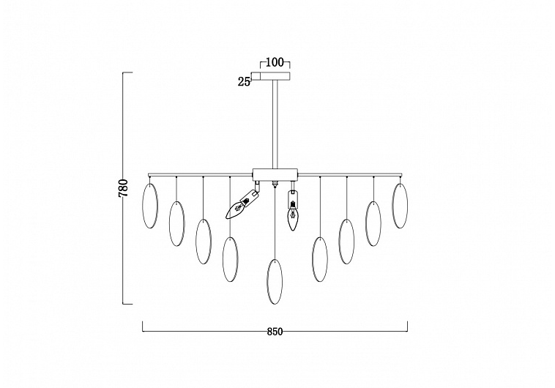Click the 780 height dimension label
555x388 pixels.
123,188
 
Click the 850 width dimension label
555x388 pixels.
275,332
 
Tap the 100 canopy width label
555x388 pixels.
275,63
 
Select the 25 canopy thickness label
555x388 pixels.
244,82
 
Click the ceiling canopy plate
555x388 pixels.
275,76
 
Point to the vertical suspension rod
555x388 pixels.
275,124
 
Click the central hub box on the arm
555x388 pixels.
275,174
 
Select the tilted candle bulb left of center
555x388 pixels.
243,205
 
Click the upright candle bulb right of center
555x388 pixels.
292,211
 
